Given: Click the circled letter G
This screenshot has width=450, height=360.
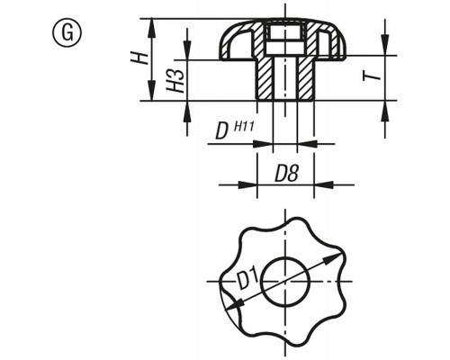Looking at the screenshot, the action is [67, 32].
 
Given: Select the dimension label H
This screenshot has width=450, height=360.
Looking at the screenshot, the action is [139, 58].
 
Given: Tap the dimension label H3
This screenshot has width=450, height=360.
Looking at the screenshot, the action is [175, 80].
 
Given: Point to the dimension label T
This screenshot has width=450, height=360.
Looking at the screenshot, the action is [372, 75].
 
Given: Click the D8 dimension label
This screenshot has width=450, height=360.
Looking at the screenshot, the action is [287, 174].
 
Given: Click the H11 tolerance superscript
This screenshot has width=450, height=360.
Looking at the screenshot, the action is [244, 126].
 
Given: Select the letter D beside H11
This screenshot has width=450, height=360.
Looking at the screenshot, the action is [221, 132].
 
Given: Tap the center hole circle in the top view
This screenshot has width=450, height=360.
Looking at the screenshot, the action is [285, 282].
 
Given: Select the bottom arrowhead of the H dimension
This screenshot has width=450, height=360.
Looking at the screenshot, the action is [152, 91].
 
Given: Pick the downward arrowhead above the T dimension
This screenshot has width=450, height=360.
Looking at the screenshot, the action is [385, 45].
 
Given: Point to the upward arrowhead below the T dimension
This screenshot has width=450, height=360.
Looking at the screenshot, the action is [385, 111].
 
